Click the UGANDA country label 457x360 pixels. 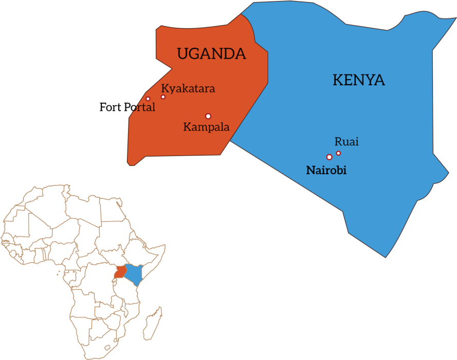click(211, 53)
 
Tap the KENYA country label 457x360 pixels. click(359, 80)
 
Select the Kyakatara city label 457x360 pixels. click(188, 88)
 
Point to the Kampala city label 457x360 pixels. click(206, 127)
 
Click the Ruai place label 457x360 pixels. click(346, 142)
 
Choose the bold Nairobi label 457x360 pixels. click(326, 170)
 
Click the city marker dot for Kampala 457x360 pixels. click(208, 116)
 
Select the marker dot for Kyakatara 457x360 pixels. click(163, 97)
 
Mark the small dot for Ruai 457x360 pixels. click(338, 153)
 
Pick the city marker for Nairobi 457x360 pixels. click(329, 157)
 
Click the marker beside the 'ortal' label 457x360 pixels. click(148, 99)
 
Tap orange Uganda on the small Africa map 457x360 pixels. click(120, 272)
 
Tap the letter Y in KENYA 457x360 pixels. click(370, 80)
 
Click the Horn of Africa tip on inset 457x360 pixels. click(164, 246)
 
